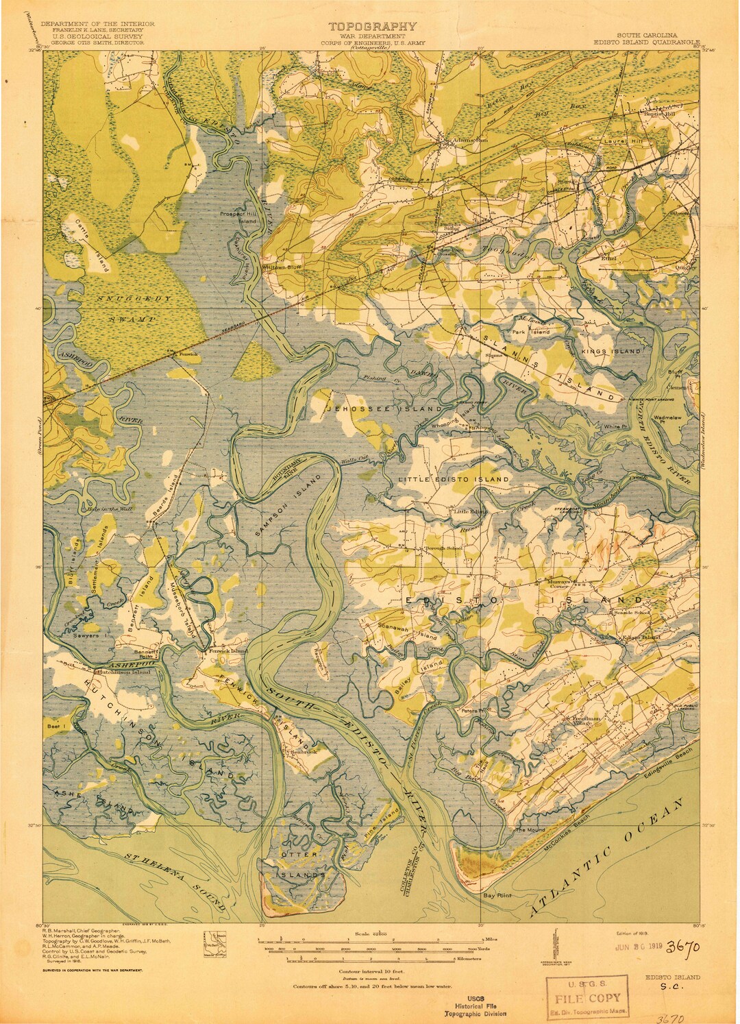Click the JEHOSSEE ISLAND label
pyautogui.click(x=384, y=409)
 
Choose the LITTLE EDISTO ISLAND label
pyautogui.click(x=454, y=479)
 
